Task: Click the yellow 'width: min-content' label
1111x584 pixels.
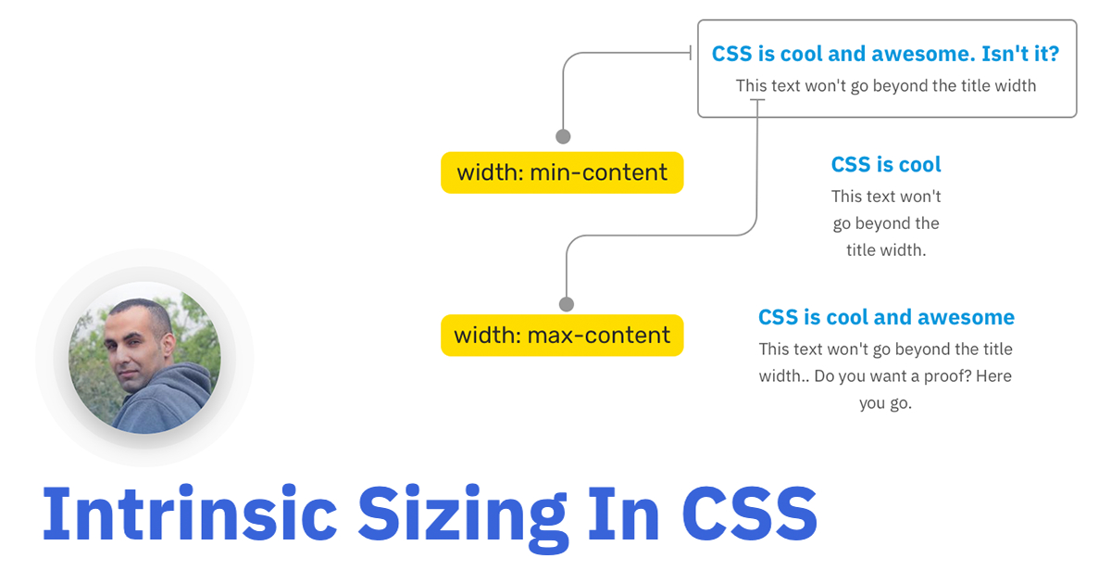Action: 562,173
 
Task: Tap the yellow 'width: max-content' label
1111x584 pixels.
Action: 562,335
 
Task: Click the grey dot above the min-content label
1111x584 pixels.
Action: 563,136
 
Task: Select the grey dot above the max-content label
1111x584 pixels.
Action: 567,304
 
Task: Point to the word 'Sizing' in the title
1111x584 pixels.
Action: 463,514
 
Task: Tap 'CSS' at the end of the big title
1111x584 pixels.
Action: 750,514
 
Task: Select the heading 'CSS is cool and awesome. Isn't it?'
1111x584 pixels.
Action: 885,54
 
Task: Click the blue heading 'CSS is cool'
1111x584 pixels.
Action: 886,165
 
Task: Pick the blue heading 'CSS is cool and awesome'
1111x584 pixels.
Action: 886,318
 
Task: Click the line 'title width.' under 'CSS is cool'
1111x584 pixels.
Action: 886,250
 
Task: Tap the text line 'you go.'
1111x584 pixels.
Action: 886,404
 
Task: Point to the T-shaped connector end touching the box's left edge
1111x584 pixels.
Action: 692,54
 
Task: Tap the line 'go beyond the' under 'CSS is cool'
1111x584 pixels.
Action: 886,223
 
